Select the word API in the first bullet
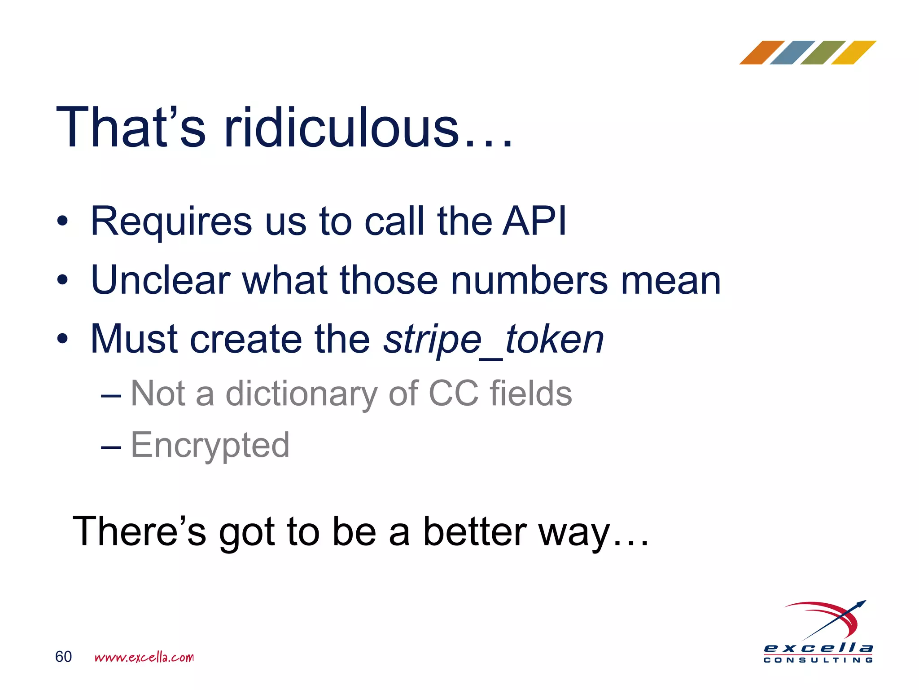pyautogui.click(x=534, y=221)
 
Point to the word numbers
pyautogui.click(x=529, y=281)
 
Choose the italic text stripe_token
pyautogui.click(x=494, y=340)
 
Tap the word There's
pyautogui.click(x=139, y=532)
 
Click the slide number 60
pyautogui.click(x=63, y=657)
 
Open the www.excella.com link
pyautogui.click(x=144, y=657)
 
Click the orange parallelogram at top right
pyautogui.click(x=761, y=53)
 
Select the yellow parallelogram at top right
pyautogui.click(x=853, y=53)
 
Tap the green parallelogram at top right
pyautogui.click(x=823, y=53)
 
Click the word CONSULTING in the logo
pyautogui.click(x=818, y=660)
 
